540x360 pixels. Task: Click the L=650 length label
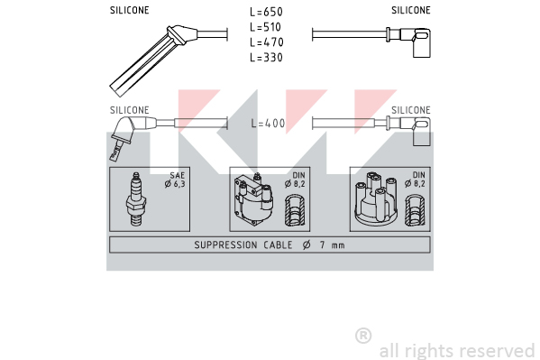pos(266,12)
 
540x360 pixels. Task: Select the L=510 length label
pos(266,27)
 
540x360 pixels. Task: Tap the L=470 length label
pos(267,42)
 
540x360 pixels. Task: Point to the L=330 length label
pos(266,57)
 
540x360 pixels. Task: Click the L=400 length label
pos(268,123)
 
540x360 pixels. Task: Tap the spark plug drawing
pos(136,199)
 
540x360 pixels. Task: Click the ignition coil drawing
pos(254,199)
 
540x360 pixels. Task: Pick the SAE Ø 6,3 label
pos(175,180)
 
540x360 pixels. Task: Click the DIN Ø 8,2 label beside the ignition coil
pos(295,180)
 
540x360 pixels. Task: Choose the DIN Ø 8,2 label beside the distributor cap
pos(416,180)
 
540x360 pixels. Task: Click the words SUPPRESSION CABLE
pos(243,245)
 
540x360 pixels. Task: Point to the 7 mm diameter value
pos(332,245)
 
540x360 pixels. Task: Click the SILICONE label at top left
pos(130,10)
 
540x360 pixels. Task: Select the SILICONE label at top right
pos(411,10)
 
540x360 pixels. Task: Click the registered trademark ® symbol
pos(363,336)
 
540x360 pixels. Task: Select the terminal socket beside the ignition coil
pos(295,210)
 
